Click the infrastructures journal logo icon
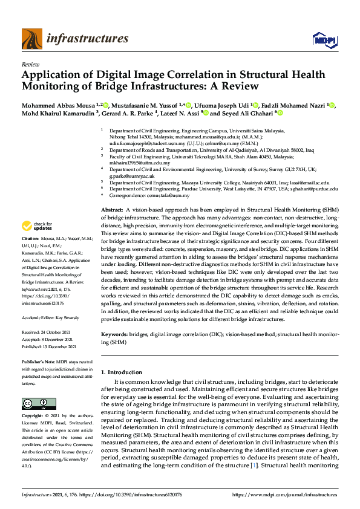[31, 39]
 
